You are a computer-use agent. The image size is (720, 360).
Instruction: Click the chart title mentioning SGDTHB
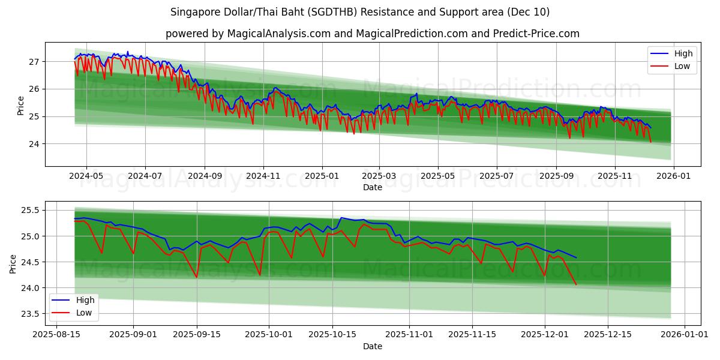(360, 12)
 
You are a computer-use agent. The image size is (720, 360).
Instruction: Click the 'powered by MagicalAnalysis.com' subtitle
(372, 34)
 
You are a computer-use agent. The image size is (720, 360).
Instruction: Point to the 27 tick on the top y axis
(34, 62)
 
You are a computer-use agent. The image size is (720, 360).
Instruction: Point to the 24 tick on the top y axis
(34, 144)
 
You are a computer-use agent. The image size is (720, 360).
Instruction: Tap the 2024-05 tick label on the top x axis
(86, 176)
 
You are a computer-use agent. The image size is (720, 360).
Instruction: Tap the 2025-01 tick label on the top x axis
(322, 176)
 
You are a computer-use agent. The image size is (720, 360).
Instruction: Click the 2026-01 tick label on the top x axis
(674, 176)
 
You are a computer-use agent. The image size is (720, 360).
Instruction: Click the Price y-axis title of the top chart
(21, 104)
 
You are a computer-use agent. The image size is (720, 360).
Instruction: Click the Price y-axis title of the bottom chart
(13, 262)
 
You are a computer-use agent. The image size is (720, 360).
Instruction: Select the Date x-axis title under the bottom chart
(372, 346)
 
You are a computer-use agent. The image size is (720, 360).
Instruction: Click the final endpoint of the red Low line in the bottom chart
(576, 284)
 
